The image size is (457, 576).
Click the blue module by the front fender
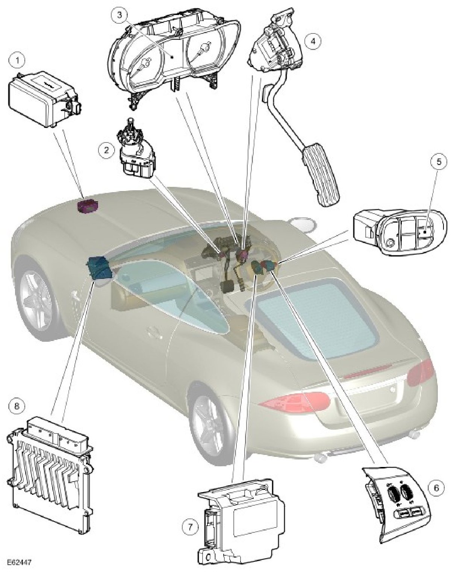(x=99, y=267)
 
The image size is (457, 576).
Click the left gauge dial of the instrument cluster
(x=144, y=65)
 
